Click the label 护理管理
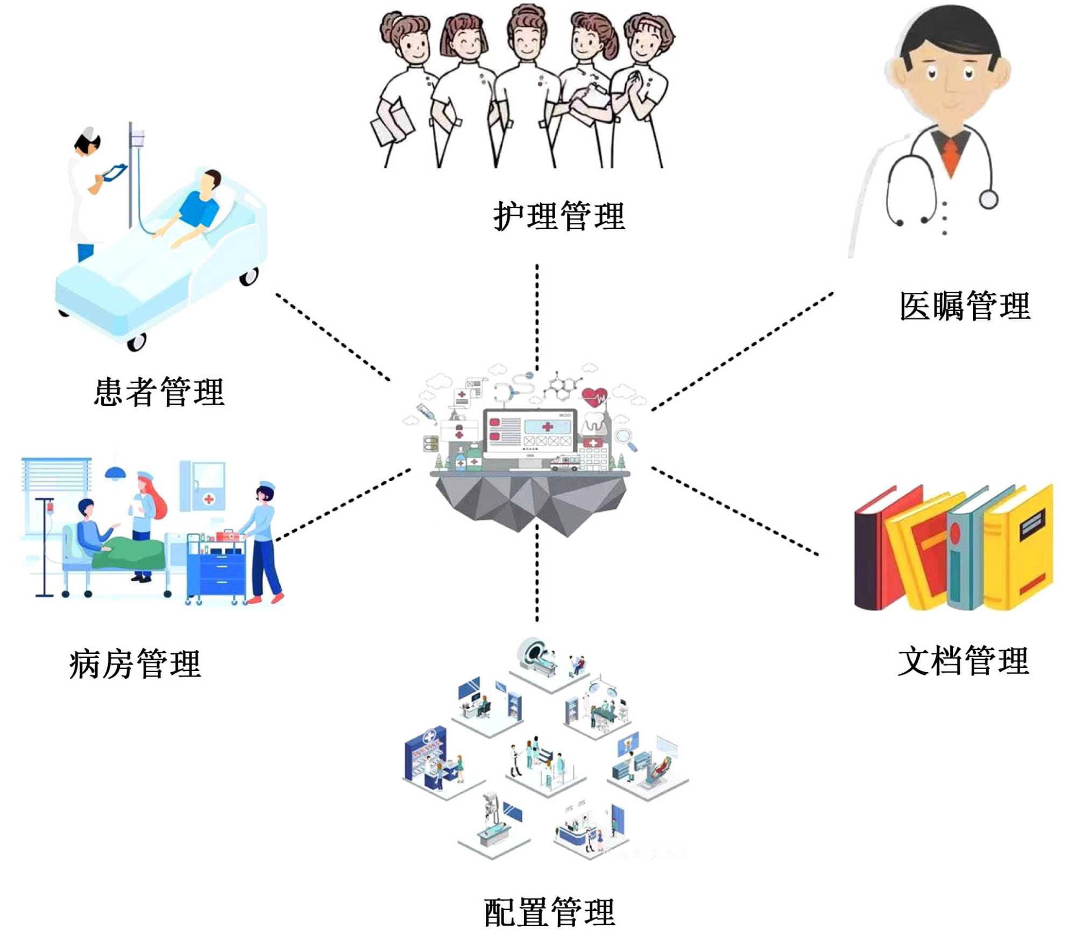click(559, 216)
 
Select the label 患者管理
click(159, 392)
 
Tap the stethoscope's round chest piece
click(988, 200)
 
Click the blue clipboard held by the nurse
click(115, 173)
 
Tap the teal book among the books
click(963, 560)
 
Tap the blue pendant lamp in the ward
click(116, 473)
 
